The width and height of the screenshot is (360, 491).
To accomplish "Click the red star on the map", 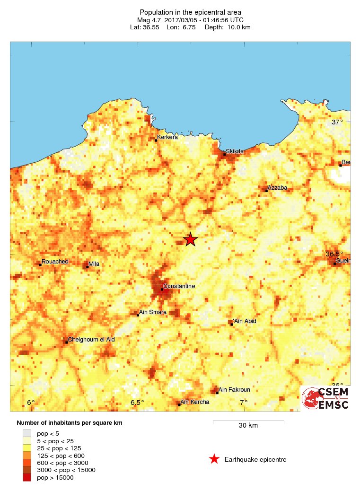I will coord(190,239).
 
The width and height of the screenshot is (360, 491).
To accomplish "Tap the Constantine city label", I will coord(179,286).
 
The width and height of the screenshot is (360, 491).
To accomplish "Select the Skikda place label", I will coord(235,151).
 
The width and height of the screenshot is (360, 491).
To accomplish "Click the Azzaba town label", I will coord(277,187).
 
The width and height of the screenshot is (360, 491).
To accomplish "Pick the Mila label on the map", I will coord(94,264).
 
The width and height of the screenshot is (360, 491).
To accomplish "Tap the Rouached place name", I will coord(55,261).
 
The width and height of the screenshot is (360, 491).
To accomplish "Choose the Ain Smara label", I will coord(153,312).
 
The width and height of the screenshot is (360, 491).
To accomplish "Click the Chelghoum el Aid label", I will coord(91,339).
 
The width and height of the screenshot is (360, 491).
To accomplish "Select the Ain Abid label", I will coord(246,321).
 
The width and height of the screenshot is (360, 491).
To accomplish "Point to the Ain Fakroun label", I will coord(235,389).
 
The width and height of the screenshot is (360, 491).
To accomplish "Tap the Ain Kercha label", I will coord(195,402).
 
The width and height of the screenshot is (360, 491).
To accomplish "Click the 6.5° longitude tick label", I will coord(137,403).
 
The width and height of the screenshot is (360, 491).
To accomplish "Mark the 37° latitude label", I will coord(337,122).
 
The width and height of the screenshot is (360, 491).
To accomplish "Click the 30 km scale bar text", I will coord(248,425).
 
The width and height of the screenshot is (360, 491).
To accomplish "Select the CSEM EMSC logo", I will coord(326,398).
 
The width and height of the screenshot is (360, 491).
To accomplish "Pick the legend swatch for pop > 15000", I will coord(27,477).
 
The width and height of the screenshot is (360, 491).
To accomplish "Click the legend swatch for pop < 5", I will coord(27,433).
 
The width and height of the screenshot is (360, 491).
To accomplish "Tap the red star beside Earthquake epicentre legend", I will coord(214,459).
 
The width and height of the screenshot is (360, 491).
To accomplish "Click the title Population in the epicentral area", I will coord(190,12).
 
